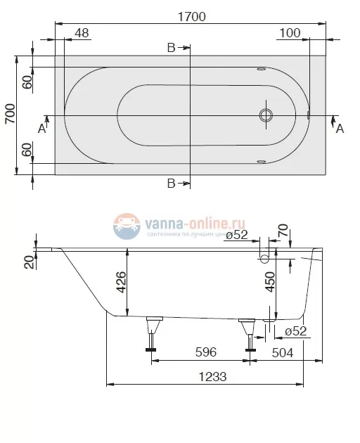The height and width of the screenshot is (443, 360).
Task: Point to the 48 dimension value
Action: click(82, 34)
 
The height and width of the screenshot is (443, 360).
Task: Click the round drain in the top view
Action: click(266, 115)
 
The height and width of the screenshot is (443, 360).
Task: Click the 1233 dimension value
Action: click(208, 375)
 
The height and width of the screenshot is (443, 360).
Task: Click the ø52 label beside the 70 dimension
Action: click(236, 236)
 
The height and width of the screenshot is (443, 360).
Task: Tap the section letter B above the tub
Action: click(172, 48)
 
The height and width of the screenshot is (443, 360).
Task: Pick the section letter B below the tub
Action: click(172, 184)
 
